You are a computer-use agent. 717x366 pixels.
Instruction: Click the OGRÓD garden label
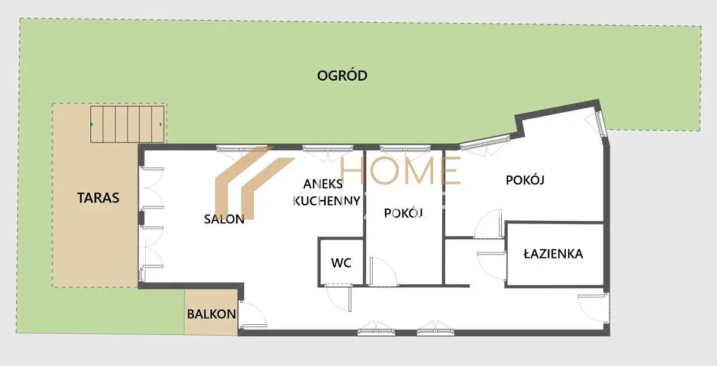click(x=342, y=75)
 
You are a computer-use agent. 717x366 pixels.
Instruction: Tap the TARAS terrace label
click(x=98, y=198)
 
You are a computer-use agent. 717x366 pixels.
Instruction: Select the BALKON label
click(x=212, y=314)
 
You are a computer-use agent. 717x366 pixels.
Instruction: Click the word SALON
click(x=224, y=219)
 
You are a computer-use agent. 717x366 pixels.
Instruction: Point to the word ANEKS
click(x=323, y=184)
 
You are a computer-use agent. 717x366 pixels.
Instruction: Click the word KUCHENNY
click(x=326, y=201)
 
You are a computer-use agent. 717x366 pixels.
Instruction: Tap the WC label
click(x=341, y=263)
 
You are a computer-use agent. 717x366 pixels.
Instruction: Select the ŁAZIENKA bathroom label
click(x=553, y=254)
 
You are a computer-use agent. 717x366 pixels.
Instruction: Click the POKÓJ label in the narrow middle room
click(x=403, y=213)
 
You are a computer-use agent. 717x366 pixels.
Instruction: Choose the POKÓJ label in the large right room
click(x=525, y=180)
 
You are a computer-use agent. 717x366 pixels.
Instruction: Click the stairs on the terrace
click(x=127, y=124)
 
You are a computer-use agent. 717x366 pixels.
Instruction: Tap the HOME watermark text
click(x=400, y=171)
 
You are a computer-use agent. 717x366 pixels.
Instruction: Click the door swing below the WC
click(x=339, y=297)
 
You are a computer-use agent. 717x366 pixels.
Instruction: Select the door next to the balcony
click(x=253, y=315)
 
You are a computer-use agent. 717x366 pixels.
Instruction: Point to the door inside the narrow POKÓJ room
click(x=384, y=271)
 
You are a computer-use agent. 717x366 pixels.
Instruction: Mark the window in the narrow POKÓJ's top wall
click(x=405, y=149)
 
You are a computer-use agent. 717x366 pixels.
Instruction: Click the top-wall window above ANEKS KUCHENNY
click(x=328, y=149)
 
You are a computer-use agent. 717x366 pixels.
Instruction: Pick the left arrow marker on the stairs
click(x=92, y=124)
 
